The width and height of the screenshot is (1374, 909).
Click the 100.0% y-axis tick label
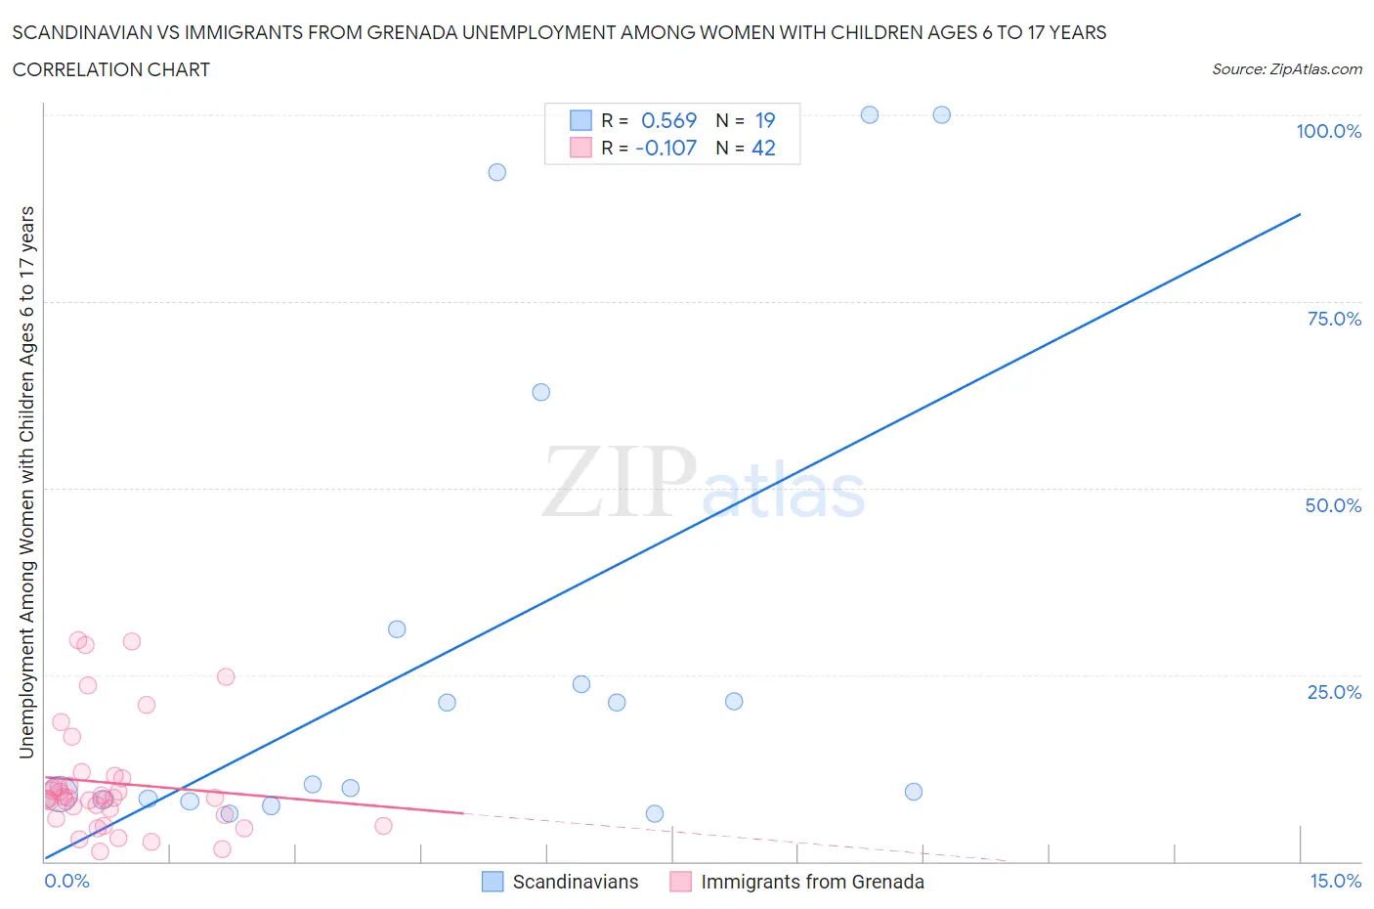coord(1328,132)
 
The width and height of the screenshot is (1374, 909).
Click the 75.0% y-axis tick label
coord(1334,319)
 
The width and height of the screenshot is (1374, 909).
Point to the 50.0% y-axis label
coord(1333,505)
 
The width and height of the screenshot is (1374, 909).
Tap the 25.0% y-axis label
coord(1334,692)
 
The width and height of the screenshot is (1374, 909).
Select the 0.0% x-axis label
coord(66,881)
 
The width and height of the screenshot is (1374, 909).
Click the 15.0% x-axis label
coord(1335,881)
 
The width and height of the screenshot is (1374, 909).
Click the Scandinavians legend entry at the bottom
coord(575,882)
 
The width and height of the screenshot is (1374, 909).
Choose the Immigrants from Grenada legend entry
coord(811,882)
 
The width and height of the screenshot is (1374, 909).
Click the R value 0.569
coord(668,120)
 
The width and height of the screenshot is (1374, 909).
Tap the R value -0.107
coord(666,148)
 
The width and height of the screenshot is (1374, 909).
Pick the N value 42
coord(763,148)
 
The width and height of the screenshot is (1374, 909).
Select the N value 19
coord(764,120)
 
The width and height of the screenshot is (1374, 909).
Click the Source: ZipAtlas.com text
coord(1286,69)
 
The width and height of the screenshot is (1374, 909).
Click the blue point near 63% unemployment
coord(540,392)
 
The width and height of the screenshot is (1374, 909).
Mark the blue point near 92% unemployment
coord(496,172)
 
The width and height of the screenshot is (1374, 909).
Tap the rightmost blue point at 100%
coord(941,114)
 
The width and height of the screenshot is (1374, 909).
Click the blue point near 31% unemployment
coord(397,629)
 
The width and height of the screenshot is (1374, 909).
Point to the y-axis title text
coord(26,482)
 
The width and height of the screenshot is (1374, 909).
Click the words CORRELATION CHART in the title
coord(111,69)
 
